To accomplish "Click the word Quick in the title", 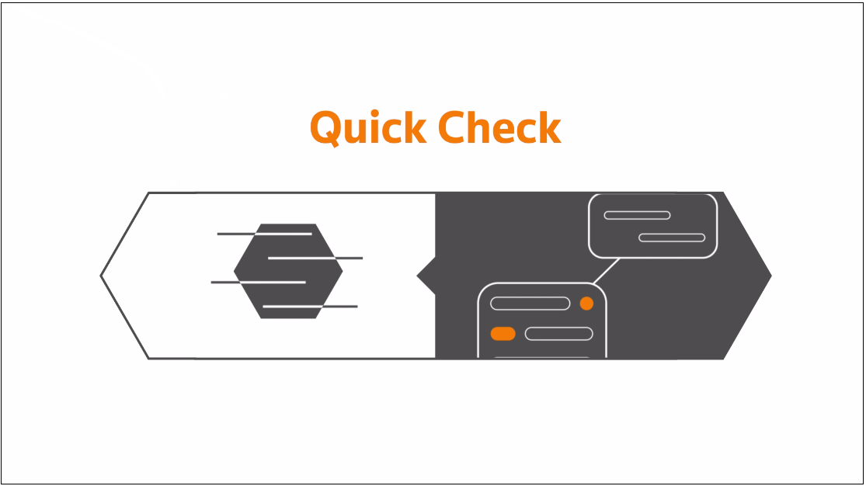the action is [x=368, y=128].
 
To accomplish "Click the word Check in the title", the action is [x=500, y=127].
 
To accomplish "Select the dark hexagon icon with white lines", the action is [x=287, y=271].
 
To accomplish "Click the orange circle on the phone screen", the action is [x=586, y=304].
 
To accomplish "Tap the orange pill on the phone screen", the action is [x=503, y=334].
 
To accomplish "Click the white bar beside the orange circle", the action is [x=530, y=304].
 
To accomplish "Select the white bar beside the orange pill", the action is [x=559, y=334].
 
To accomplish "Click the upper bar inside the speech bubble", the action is [x=638, y=215].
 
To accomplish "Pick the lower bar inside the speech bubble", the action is [x=672, y=238].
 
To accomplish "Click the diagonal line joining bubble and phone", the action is [x=606, y=271].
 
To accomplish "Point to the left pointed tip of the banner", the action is [x=100, y=276].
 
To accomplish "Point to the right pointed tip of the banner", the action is [x=771, y=276].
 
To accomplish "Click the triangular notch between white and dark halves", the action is [x=426, y=276].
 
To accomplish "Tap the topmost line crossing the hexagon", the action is [x=265, y=234].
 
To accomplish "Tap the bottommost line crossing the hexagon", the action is [x=311, y=306].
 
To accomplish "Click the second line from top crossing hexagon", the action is [x=315, y=258].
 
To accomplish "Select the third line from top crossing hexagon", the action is [x=259, y=283].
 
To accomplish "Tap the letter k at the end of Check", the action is [x=550, y=127].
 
